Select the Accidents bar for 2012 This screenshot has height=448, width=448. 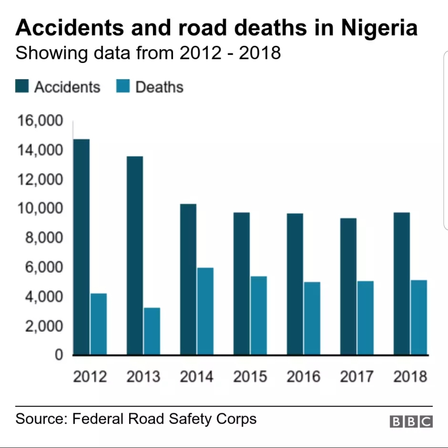coord(81,247)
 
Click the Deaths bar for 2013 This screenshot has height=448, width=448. coord(152,331)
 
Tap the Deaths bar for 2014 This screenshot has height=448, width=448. coord(205,311)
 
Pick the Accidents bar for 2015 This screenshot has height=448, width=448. coord(241,283)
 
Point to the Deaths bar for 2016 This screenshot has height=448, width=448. coord(312,318)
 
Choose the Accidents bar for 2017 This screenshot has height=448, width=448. coord(348,286)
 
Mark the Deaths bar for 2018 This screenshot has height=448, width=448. coord(419,317)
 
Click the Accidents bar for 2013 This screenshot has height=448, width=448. coord(135,255)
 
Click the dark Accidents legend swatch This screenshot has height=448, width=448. coord(22,87)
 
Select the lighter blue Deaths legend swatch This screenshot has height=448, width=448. coord(123,87)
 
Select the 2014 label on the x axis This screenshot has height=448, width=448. coord(197,377)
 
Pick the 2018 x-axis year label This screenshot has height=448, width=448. coord(410,377)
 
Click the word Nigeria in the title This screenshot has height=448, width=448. coord(380,28)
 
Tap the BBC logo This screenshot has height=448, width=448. coord(411,421)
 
